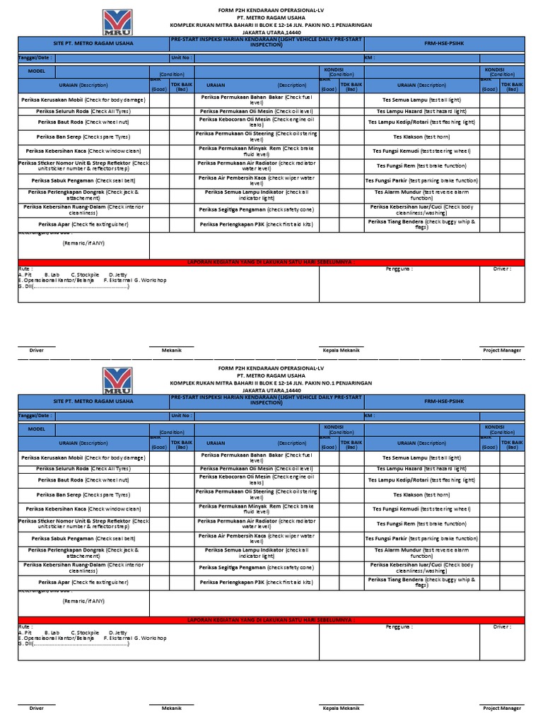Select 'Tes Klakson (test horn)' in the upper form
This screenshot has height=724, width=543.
coord(421,136)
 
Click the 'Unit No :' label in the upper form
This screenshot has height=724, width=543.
coord(181,58)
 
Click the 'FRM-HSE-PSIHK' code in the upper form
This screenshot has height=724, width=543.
coord(444,44)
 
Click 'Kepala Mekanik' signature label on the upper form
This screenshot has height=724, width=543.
coord(341,350)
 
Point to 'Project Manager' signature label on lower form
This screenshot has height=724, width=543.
coord(502,708)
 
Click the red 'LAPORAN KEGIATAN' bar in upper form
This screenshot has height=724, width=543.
coord(271,262)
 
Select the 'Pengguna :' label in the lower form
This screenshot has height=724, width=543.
coord(399,626)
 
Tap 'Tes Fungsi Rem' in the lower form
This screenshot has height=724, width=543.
coord(421,524)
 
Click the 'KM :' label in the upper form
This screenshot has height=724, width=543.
coord(369,58)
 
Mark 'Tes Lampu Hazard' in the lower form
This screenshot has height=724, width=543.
coord(421,469)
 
